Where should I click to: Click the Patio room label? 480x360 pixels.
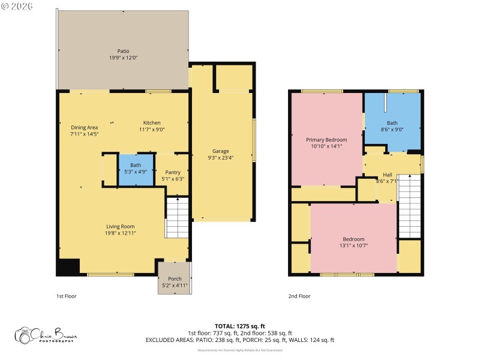pos(123,51)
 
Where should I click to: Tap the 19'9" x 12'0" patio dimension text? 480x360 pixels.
pos(123,58)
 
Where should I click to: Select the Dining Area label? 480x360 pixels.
pos(84,127)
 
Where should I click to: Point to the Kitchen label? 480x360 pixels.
pos(151,122)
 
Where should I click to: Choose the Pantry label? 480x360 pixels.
pos(173,172)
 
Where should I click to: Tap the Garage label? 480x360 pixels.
pos(220,151)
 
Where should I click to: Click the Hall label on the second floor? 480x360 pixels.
pos(387,175)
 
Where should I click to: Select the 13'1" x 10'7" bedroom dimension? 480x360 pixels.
pos(353,245)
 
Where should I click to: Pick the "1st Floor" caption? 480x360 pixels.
pos(66,296)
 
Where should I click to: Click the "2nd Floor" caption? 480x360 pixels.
pos(299,296)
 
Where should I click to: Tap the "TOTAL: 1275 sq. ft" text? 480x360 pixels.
pos(240,326)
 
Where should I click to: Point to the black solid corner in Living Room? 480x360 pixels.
pos(68,266)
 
